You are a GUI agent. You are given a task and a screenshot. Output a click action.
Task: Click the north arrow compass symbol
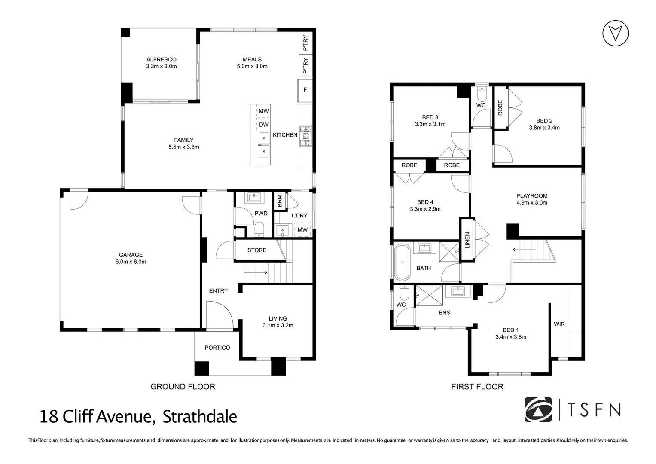coord(615,33)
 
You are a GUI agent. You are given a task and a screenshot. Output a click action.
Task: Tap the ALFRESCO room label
coord(161,60)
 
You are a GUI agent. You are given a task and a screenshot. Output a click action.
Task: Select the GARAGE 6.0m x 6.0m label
coord(131,258)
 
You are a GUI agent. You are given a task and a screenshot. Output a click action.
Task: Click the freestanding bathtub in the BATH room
coord(402,262)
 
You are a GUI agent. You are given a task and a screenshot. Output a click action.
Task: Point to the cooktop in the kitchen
coord(306,136)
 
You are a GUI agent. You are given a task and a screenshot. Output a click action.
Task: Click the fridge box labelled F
coord(305,90)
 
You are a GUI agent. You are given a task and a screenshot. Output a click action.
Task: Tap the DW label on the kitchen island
coord(263,125)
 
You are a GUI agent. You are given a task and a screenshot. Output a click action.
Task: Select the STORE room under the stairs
coord(256,250)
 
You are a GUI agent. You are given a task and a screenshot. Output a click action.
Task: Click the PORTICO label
coord(217,348)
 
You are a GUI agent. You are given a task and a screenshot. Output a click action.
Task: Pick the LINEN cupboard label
coord(467,240)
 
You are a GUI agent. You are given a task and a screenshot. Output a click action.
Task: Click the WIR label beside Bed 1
coord(559,324)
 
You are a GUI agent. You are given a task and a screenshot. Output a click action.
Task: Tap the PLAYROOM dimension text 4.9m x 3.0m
coord(532,202)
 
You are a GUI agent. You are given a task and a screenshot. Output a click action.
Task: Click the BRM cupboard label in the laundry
coord(280,201)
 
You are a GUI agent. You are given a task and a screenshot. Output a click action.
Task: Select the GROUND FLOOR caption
coord(183,387)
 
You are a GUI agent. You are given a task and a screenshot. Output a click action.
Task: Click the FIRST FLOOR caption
coord(477,387)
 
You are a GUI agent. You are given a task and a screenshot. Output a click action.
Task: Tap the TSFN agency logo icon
coord(538,409)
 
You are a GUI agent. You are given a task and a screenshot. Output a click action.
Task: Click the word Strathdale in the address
coord(200,417)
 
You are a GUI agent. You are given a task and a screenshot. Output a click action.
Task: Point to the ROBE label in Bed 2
coord(500,108)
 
